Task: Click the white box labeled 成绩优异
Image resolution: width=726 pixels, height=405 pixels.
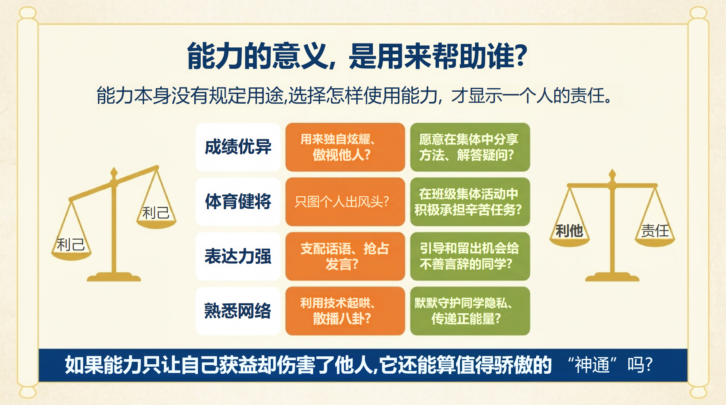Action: click(x=238, y=147)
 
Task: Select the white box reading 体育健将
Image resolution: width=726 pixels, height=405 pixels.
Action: click(x=238, y=202)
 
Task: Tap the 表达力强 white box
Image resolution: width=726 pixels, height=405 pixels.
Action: click(x=238, y=256)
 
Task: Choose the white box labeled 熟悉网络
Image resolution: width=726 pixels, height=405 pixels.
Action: click(x=238, y=311)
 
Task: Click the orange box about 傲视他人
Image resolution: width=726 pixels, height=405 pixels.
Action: click(x=345, y=147)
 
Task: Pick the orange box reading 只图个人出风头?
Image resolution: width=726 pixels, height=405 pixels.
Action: click(x=345, y=202)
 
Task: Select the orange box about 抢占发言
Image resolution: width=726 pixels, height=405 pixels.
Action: click(x=345, y=256)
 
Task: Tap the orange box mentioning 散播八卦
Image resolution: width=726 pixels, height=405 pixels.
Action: click(x=345, y=311)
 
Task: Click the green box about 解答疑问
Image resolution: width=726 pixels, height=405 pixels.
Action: click(x=470, y=147)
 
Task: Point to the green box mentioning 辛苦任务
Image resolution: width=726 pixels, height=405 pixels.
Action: click(x=470, y=202)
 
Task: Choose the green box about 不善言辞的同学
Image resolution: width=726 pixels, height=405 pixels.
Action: click(x=470, y=256)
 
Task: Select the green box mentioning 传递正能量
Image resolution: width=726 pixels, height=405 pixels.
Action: click(x=470, y=311)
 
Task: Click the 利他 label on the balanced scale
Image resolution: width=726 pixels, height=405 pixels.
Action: click(x=569, y=231)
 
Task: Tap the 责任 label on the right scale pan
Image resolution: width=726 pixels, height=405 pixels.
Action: click(x=655, y=231)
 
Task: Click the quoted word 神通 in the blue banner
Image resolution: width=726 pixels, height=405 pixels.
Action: click(x=592, y=365)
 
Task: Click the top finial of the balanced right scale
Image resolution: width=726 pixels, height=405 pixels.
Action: click(x=612, y=174)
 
